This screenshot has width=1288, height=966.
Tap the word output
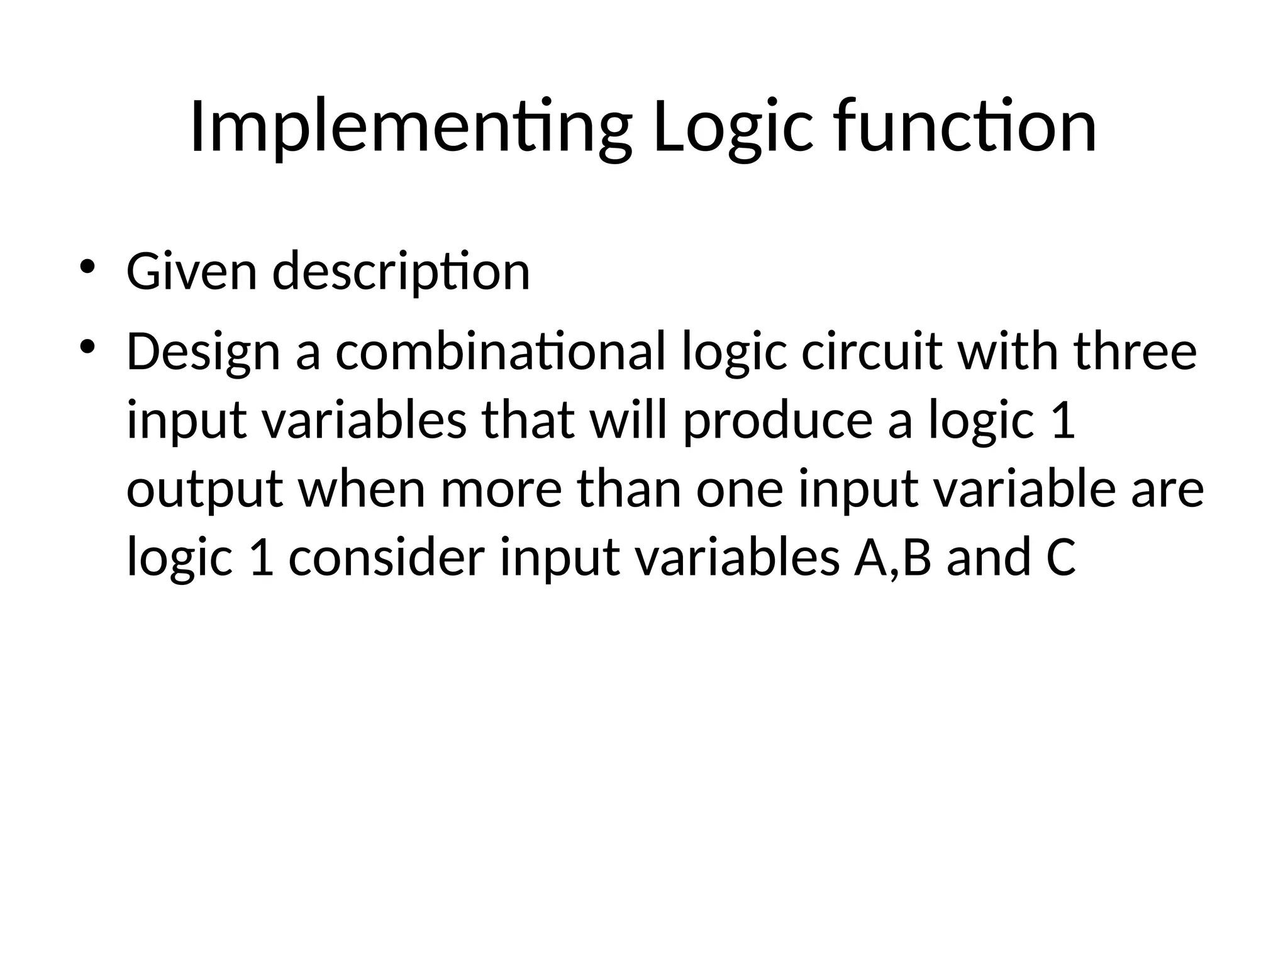coord(204,491)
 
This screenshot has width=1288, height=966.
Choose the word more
coord(501,491)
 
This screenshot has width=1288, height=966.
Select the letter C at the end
coord(1061,558)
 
